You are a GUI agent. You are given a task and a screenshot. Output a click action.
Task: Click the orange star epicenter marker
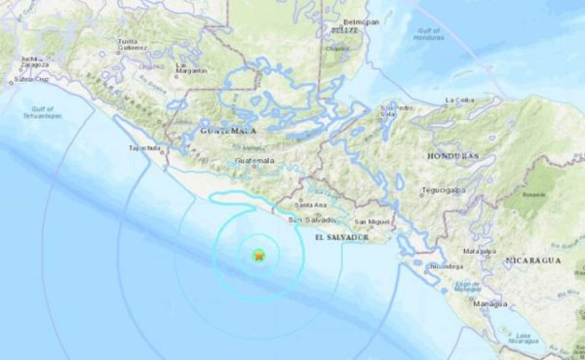click(x=258, y=256)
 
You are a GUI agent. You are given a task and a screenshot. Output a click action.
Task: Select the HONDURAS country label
click(x=455, y=155)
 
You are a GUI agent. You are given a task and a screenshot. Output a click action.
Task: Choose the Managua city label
click(x=489, y=305)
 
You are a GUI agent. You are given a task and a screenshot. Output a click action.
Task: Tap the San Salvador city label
click(x=307, y=221)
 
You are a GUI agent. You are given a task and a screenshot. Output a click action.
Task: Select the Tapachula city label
click(x=143, y=149)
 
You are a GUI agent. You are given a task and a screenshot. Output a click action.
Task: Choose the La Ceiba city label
click(x=458, y=100)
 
